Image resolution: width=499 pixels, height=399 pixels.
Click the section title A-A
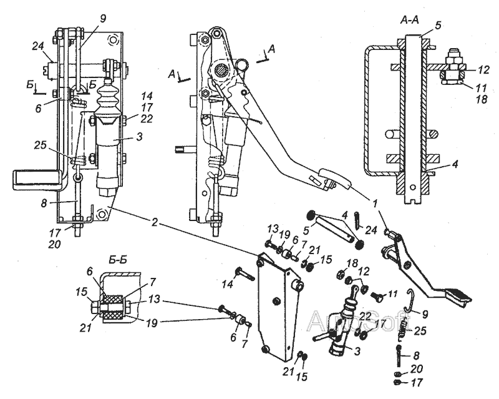(x=409, y=20)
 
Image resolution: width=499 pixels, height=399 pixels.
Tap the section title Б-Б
(x=118, y=260)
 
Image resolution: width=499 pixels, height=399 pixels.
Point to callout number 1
(x=375, y=203)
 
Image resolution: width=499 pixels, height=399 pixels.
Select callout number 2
(x=155, y=222)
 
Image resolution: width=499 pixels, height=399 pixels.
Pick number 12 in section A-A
(x=483, y=70)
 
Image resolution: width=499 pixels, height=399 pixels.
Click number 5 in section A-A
(x=438, y=26)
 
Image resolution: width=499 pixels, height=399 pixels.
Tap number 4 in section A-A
(x=455, y=164)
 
